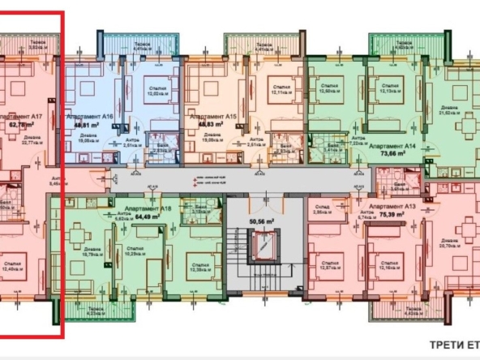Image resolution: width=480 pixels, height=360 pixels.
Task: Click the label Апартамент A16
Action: [x=88, y=116]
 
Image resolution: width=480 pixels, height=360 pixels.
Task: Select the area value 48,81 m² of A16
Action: [x=86, y=126]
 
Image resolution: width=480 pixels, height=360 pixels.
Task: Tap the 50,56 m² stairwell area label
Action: [x=261, y=219]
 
